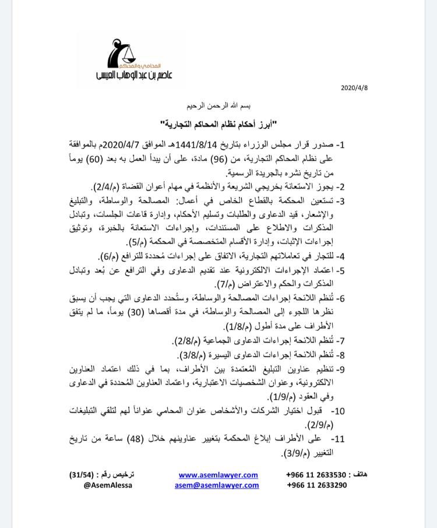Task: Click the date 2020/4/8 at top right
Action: (x=355, y=88)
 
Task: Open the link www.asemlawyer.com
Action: (x=218, y=475)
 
